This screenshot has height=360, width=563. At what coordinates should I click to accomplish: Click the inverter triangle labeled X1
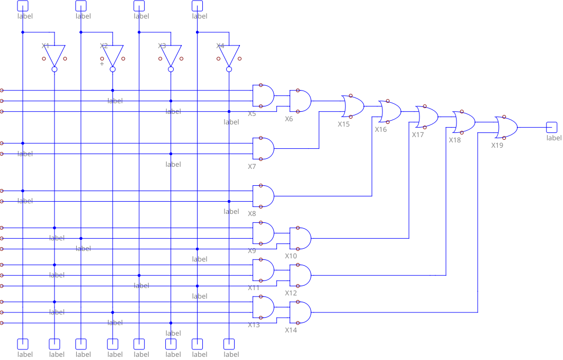(x=54, y=54)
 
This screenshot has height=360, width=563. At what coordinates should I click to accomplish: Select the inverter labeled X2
(x=112, y=54)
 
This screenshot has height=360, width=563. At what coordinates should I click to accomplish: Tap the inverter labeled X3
(x=171, y=54)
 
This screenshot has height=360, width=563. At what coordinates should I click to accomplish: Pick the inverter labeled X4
(x=229, y=54)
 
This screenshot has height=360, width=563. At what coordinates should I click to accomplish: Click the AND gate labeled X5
(x=263, y=95)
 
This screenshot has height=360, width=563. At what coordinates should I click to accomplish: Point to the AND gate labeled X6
(x=300, y=101)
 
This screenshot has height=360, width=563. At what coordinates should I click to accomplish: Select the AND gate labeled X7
(x=263, y=148)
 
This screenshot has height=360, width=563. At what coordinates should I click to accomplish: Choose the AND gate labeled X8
(x=263, y=196)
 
